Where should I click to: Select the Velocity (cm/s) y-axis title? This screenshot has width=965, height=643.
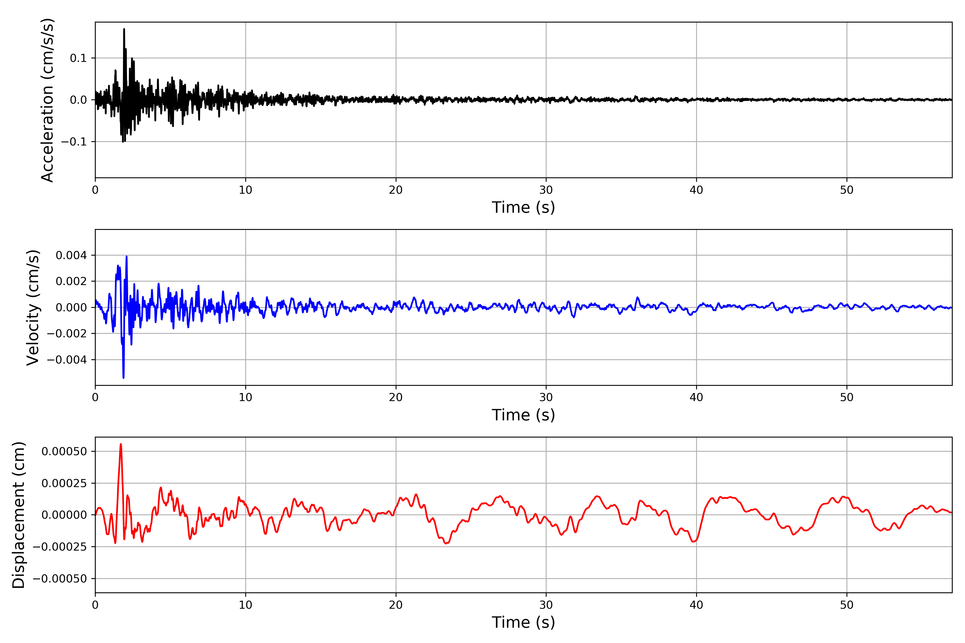coord(33,308)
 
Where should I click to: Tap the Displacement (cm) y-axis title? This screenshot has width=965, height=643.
coord(18,515)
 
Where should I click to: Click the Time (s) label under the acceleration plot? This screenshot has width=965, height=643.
coord(523,207)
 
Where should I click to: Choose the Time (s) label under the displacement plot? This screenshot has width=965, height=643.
coord(523,622)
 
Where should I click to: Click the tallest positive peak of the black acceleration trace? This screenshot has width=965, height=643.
coord(124,29)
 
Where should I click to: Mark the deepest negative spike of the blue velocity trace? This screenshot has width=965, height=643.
coord(124,377)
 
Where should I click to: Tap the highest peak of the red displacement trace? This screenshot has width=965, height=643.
coord(121,444)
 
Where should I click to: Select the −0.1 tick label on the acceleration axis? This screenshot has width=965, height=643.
coord(74,142)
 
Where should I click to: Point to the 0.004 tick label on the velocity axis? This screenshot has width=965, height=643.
coord(71,256)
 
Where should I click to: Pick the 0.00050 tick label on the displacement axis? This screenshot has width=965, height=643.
coord(64,451)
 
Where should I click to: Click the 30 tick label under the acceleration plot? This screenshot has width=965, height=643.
coord(546,190)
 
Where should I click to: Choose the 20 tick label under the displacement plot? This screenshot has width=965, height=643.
coord(396,605)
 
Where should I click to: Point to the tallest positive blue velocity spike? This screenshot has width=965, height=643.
coord(126,256)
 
